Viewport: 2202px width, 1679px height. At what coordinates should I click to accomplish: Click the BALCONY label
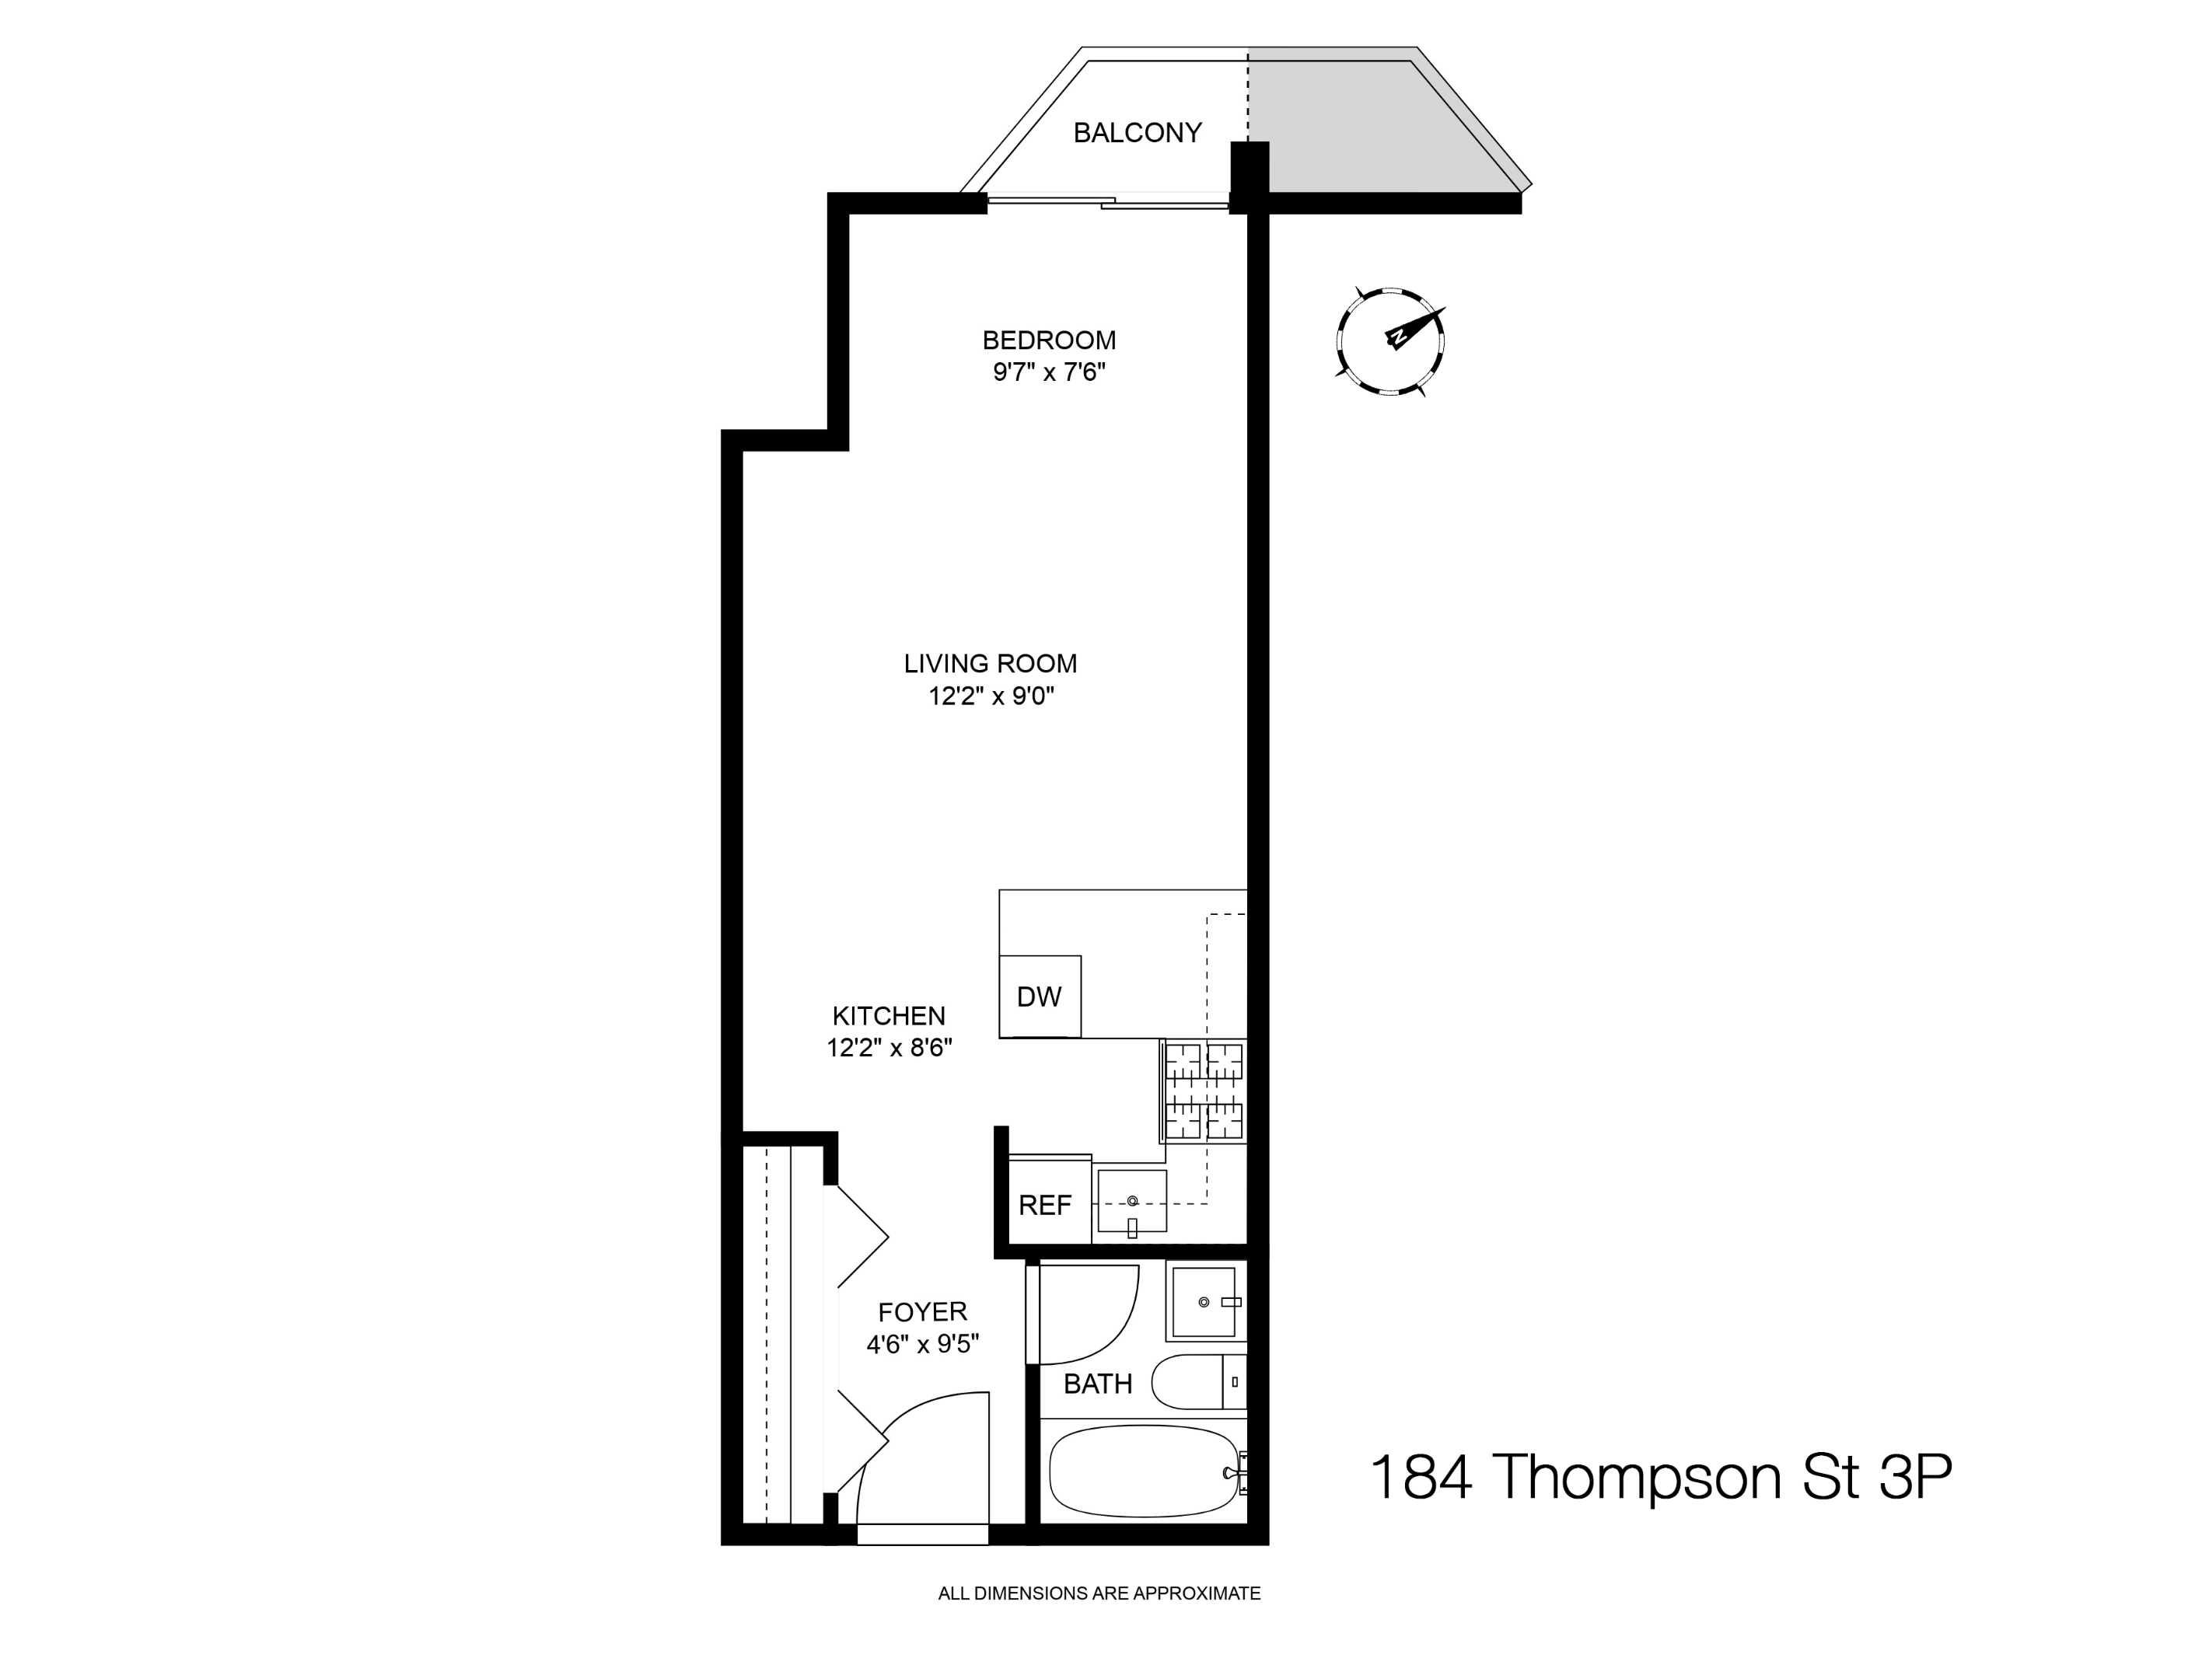(1137, 133)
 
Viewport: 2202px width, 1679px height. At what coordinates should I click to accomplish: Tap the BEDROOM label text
(1049, 340)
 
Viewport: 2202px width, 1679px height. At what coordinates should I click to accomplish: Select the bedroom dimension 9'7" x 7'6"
(1049, 373)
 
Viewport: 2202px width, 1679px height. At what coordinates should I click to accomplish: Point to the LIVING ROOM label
(990, 664)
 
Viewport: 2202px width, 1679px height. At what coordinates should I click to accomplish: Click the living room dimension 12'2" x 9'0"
(991, 696)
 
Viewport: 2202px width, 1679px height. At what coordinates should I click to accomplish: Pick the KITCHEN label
(889, 1017)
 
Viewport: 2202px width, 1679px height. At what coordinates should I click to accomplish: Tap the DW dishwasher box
(1040, 997)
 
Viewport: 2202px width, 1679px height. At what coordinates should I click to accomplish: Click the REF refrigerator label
(1044, 1206)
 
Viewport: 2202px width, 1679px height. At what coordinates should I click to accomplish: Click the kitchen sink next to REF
(1131, 1200)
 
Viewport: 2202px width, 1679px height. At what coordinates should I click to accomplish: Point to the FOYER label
(921, 1312)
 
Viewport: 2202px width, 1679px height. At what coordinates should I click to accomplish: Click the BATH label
(1098, 1384)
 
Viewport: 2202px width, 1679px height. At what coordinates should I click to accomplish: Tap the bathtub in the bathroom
(1142, 1471)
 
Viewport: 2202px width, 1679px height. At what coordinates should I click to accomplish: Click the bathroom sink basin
(1204, 1302)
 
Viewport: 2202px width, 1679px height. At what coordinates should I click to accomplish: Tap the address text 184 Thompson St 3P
(1659, 1476)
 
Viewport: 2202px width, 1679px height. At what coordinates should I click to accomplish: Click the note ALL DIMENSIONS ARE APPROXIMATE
(1099, 1594)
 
